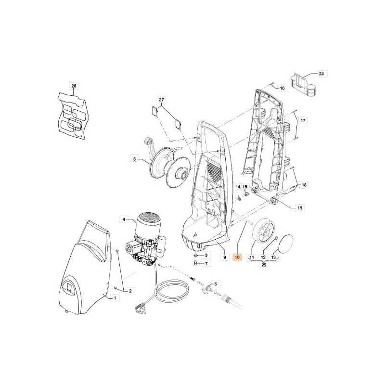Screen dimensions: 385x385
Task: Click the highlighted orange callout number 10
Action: pyautogui.click(x=237, y=257)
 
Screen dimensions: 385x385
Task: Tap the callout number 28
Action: pyautogui.click(x=74, y=86)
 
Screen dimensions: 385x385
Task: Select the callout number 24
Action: pyautogui.click(x=321, y=74)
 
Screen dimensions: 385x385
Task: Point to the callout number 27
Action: pyautogui.click(x=161, y=100)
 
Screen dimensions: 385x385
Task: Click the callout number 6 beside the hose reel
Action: pyautogui.click(x=134, y=159)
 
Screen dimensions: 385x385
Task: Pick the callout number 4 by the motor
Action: pyautogui.click(x=124, y=219)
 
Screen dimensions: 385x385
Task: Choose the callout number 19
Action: pyautogui.click(x=300, y=208)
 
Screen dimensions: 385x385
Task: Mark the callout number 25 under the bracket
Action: pyautogui.click(x=264, y=265)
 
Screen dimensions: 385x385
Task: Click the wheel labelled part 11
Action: pyautogui.click(x=263, y=230)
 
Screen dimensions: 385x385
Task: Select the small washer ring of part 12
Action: pyautogui.click(x=276, y=237)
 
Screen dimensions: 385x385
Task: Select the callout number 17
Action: pyautogui.click(x=303, y=120)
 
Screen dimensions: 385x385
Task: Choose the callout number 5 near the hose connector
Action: pyautogui.click(x=215, y=284)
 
